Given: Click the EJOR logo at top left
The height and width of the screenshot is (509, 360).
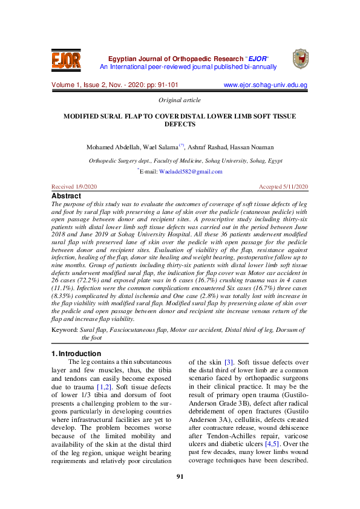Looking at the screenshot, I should (66, 60).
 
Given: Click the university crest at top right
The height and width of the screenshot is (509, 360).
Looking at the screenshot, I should (300, 59).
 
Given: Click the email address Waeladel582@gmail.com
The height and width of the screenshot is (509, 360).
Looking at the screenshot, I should (190, 172).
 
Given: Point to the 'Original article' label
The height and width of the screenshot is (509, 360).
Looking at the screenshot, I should (179, 100).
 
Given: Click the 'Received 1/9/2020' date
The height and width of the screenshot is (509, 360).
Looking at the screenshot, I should (74, 187).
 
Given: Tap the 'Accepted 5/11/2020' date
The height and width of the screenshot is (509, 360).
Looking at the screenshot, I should (283, 187).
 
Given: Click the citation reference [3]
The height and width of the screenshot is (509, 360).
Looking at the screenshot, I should (229, 362).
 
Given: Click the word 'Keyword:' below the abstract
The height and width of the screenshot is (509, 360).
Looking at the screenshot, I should (65, 330).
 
